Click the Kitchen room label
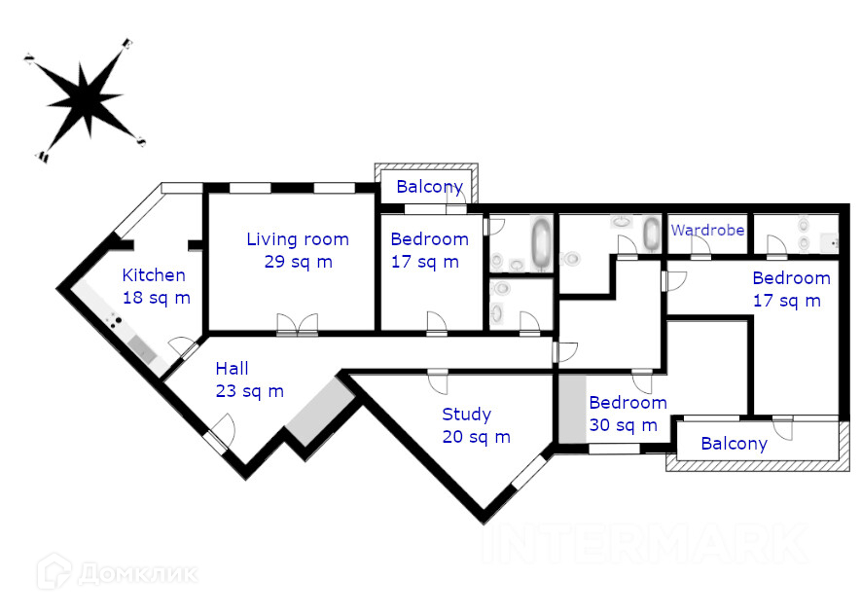coord(154,274)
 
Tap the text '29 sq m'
coord(298,262)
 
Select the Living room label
coord(298,239)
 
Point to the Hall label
coord(232,368)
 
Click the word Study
coord(467,415)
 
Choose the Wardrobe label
coord(708,230)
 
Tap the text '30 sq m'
coord(624,425)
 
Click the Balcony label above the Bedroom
coord(430,187)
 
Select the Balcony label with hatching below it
coord(735,444)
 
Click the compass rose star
coord(85,99)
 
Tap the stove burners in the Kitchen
coord(114,321)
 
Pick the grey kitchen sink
coord(142,349)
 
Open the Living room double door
coord(298,324)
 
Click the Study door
coord(438,381)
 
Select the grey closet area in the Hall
coord(320,412)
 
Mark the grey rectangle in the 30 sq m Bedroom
coord(573,409)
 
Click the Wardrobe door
coord(700,247)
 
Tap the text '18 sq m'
coord(157,298)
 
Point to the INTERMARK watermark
coord(646,544)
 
